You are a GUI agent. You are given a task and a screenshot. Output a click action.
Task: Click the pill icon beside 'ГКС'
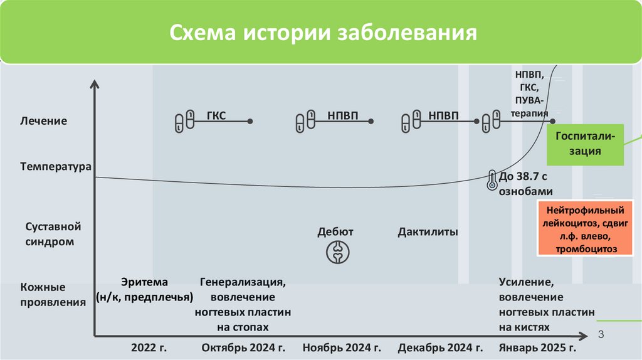coord(184,121)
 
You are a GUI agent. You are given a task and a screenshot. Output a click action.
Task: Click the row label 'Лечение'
coord(43,120)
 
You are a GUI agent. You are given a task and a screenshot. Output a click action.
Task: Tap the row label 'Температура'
coord(56,167)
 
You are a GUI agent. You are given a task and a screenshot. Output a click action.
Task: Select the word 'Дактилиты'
coord(428,232)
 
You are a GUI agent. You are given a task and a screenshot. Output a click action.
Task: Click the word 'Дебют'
coord(335,232)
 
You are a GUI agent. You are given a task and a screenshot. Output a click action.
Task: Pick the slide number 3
coord(601,334)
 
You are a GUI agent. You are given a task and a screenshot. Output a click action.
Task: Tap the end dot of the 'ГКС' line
coord(250,121)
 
